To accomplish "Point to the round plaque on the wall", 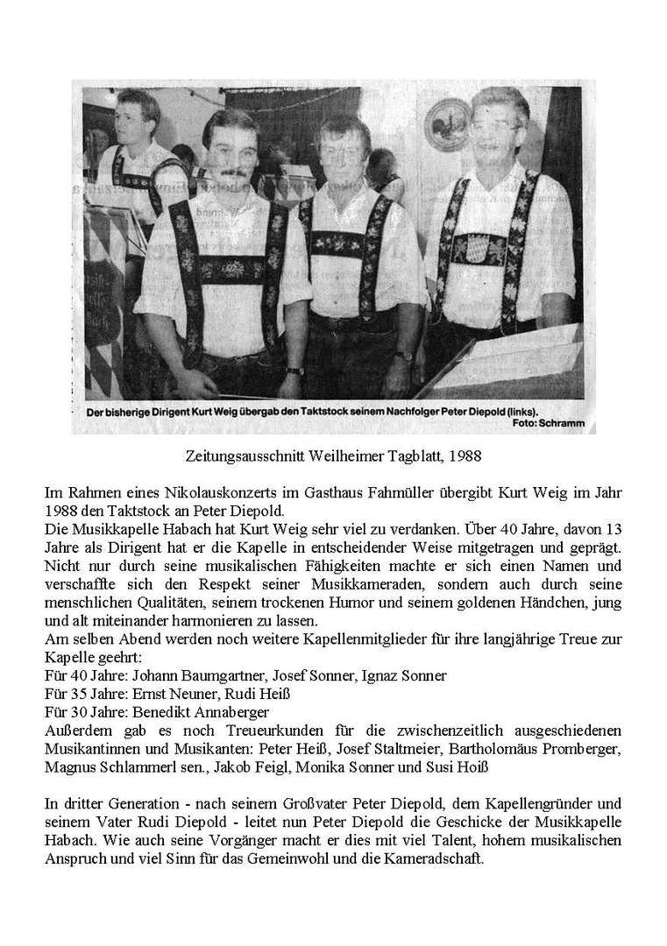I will (x=447, y=124).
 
